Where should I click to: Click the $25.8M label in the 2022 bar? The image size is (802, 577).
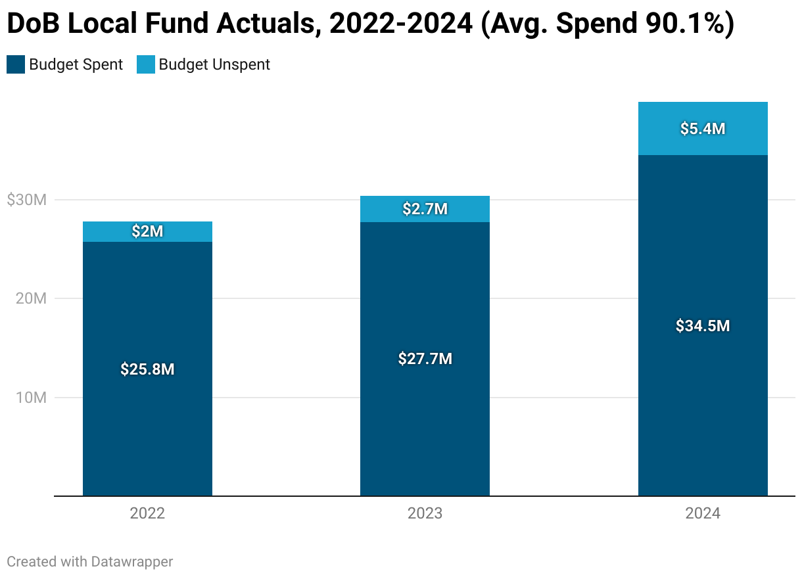147,369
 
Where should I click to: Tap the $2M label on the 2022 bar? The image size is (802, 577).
147,231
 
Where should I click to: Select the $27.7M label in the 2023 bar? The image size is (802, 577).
425,359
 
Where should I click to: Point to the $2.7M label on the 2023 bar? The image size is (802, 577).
425,209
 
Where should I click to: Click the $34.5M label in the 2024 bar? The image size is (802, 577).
703,325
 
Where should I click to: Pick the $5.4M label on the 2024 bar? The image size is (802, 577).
703,129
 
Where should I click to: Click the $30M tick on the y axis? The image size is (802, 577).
26,200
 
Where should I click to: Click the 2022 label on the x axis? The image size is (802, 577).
147,513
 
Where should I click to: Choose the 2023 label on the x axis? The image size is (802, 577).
425,513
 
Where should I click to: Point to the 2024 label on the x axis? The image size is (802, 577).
703,513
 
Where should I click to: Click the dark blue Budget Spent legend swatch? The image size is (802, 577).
16,64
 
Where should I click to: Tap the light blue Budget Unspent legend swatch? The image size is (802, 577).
145,64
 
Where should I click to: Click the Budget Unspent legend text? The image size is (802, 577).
214,64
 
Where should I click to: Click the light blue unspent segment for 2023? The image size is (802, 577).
381,209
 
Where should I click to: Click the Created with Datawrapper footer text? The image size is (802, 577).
89,561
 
